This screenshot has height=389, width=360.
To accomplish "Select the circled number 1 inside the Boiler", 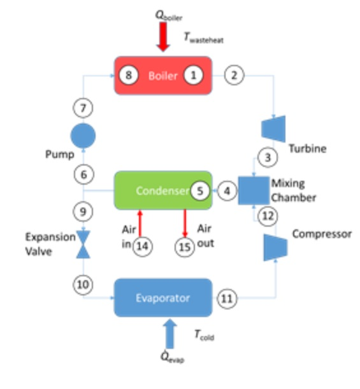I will (193, 75).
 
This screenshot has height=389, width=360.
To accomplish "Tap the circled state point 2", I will (234, 75).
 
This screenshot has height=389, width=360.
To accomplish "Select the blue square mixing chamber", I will (254, 190).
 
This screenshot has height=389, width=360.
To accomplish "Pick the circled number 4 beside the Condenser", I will (227, 190).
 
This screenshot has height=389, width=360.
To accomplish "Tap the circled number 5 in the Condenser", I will (200, 190).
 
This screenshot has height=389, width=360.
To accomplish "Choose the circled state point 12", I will (268, 216).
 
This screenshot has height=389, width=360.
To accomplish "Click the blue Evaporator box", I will (162, 297).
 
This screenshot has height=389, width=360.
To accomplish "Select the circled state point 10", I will (83, 285).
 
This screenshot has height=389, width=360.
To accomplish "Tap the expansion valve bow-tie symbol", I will (83, 244).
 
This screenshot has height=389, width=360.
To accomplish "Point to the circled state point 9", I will (83, 209).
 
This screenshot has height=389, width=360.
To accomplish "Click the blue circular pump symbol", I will (83, 135).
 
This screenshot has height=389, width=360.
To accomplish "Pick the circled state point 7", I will (83, 108).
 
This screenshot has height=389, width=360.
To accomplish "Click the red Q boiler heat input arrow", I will (163, 38).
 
